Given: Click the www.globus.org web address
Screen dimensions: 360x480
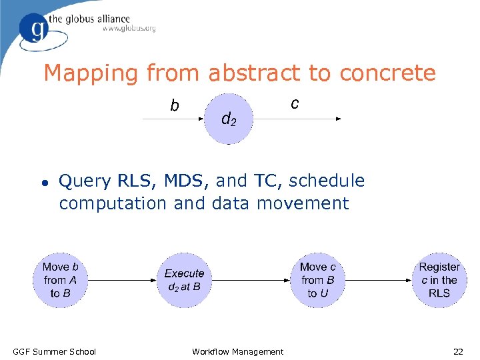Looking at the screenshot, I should pos(129,29).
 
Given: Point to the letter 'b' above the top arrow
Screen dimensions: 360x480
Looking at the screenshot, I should pos(174,105).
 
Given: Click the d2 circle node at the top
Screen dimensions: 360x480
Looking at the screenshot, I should pos(228,119).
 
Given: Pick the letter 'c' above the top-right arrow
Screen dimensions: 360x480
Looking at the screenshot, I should pos(295,103).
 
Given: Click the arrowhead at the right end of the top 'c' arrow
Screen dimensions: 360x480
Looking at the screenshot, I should pos(338,119).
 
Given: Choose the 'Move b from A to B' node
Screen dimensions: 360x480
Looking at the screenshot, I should pos(60,280).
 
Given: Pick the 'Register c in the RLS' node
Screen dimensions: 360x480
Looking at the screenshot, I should pos(439,280).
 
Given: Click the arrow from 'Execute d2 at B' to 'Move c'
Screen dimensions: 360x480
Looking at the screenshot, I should pos(250,280).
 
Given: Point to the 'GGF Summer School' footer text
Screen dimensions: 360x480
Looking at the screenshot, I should pos(55,351).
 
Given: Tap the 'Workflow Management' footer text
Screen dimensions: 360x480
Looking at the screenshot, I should pos(237,351).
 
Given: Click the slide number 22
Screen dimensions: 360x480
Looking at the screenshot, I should pos(458,351).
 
